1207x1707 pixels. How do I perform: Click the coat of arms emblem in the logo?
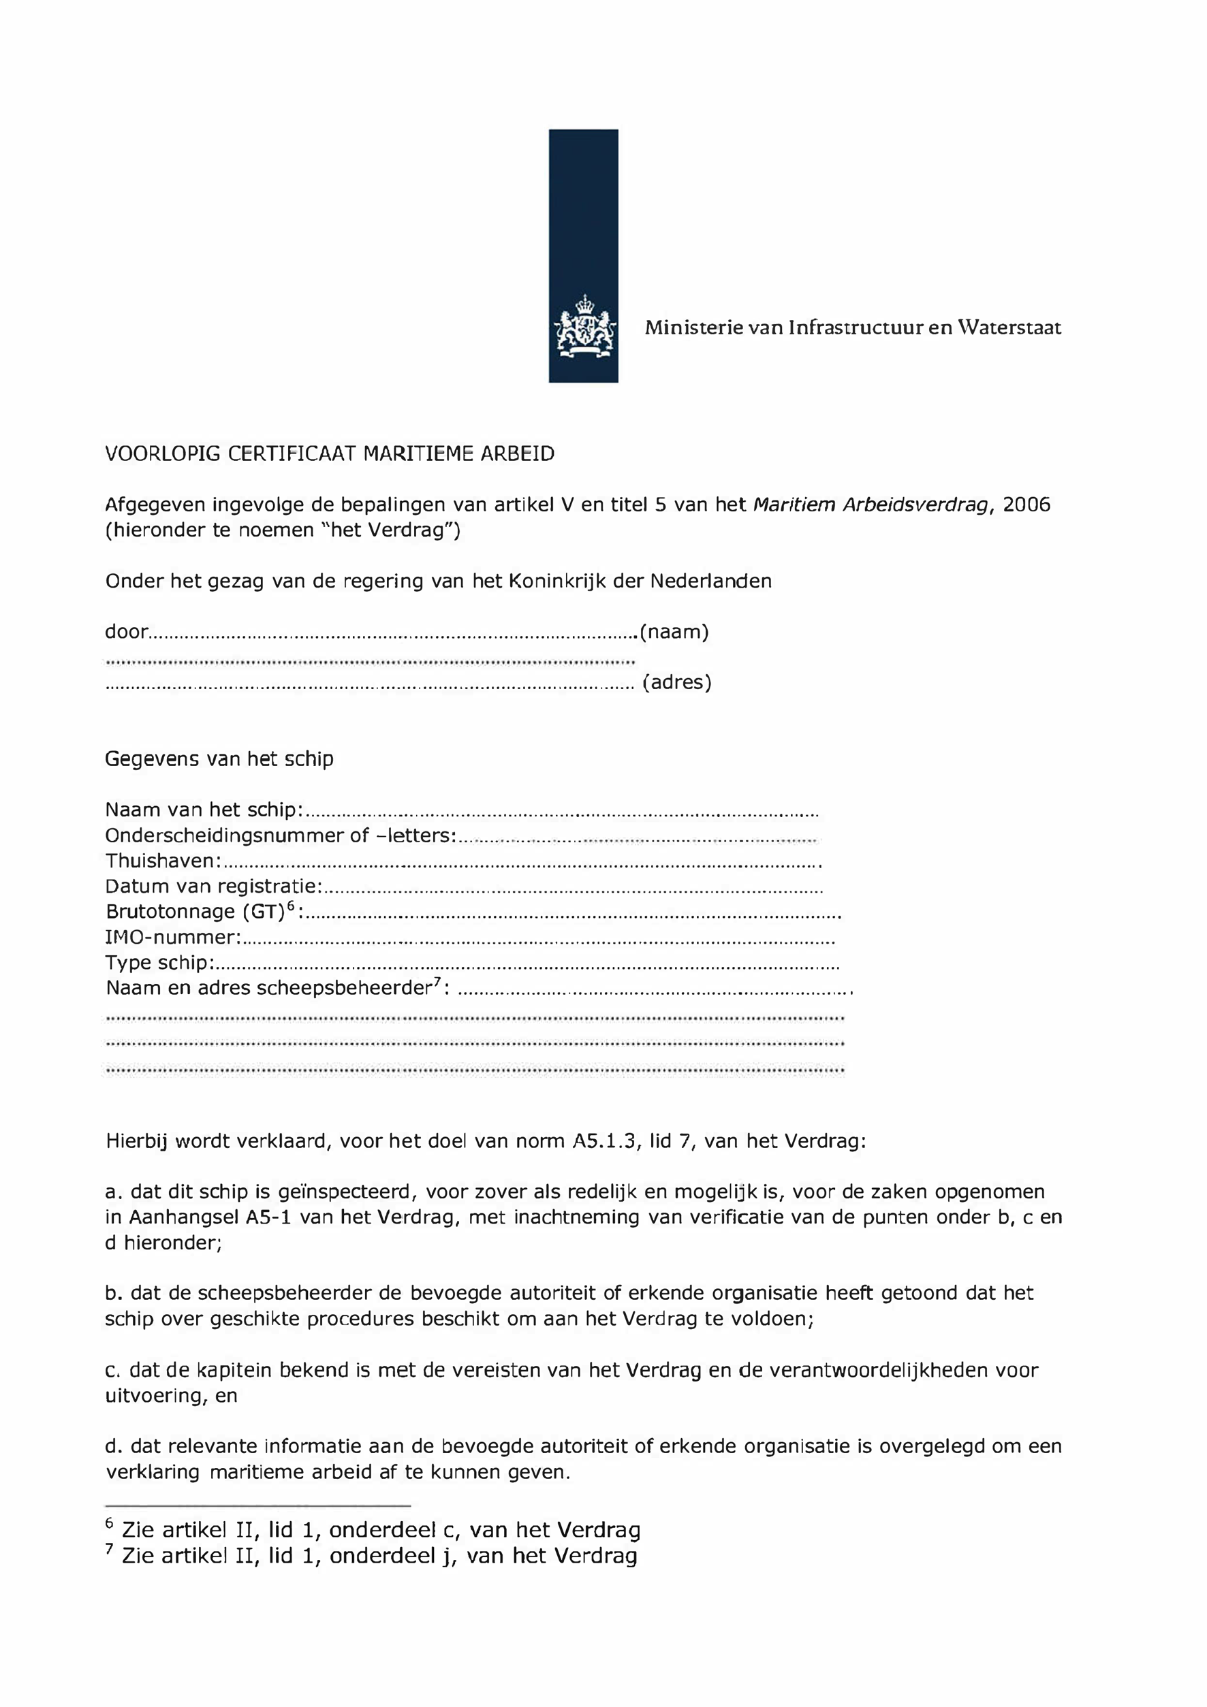pyautogui.click(x=583, y=328)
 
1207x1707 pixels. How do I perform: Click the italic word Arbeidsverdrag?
pyautogui.click(x=917, y=505)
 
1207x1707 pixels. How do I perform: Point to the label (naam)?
pyautogui.click(x=674, y=632)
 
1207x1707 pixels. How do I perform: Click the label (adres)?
pyautogui.click(x=677, y=682)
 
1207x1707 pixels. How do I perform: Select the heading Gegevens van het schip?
pyautogui.click(x=219, y=759)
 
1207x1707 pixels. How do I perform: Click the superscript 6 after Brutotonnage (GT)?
pyautogui.click(x=291, y=905)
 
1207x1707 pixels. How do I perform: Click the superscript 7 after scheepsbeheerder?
pyautogui.click(x=438, y=983)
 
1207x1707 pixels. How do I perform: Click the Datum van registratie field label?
pyautogui.click(x=213, y=887)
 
